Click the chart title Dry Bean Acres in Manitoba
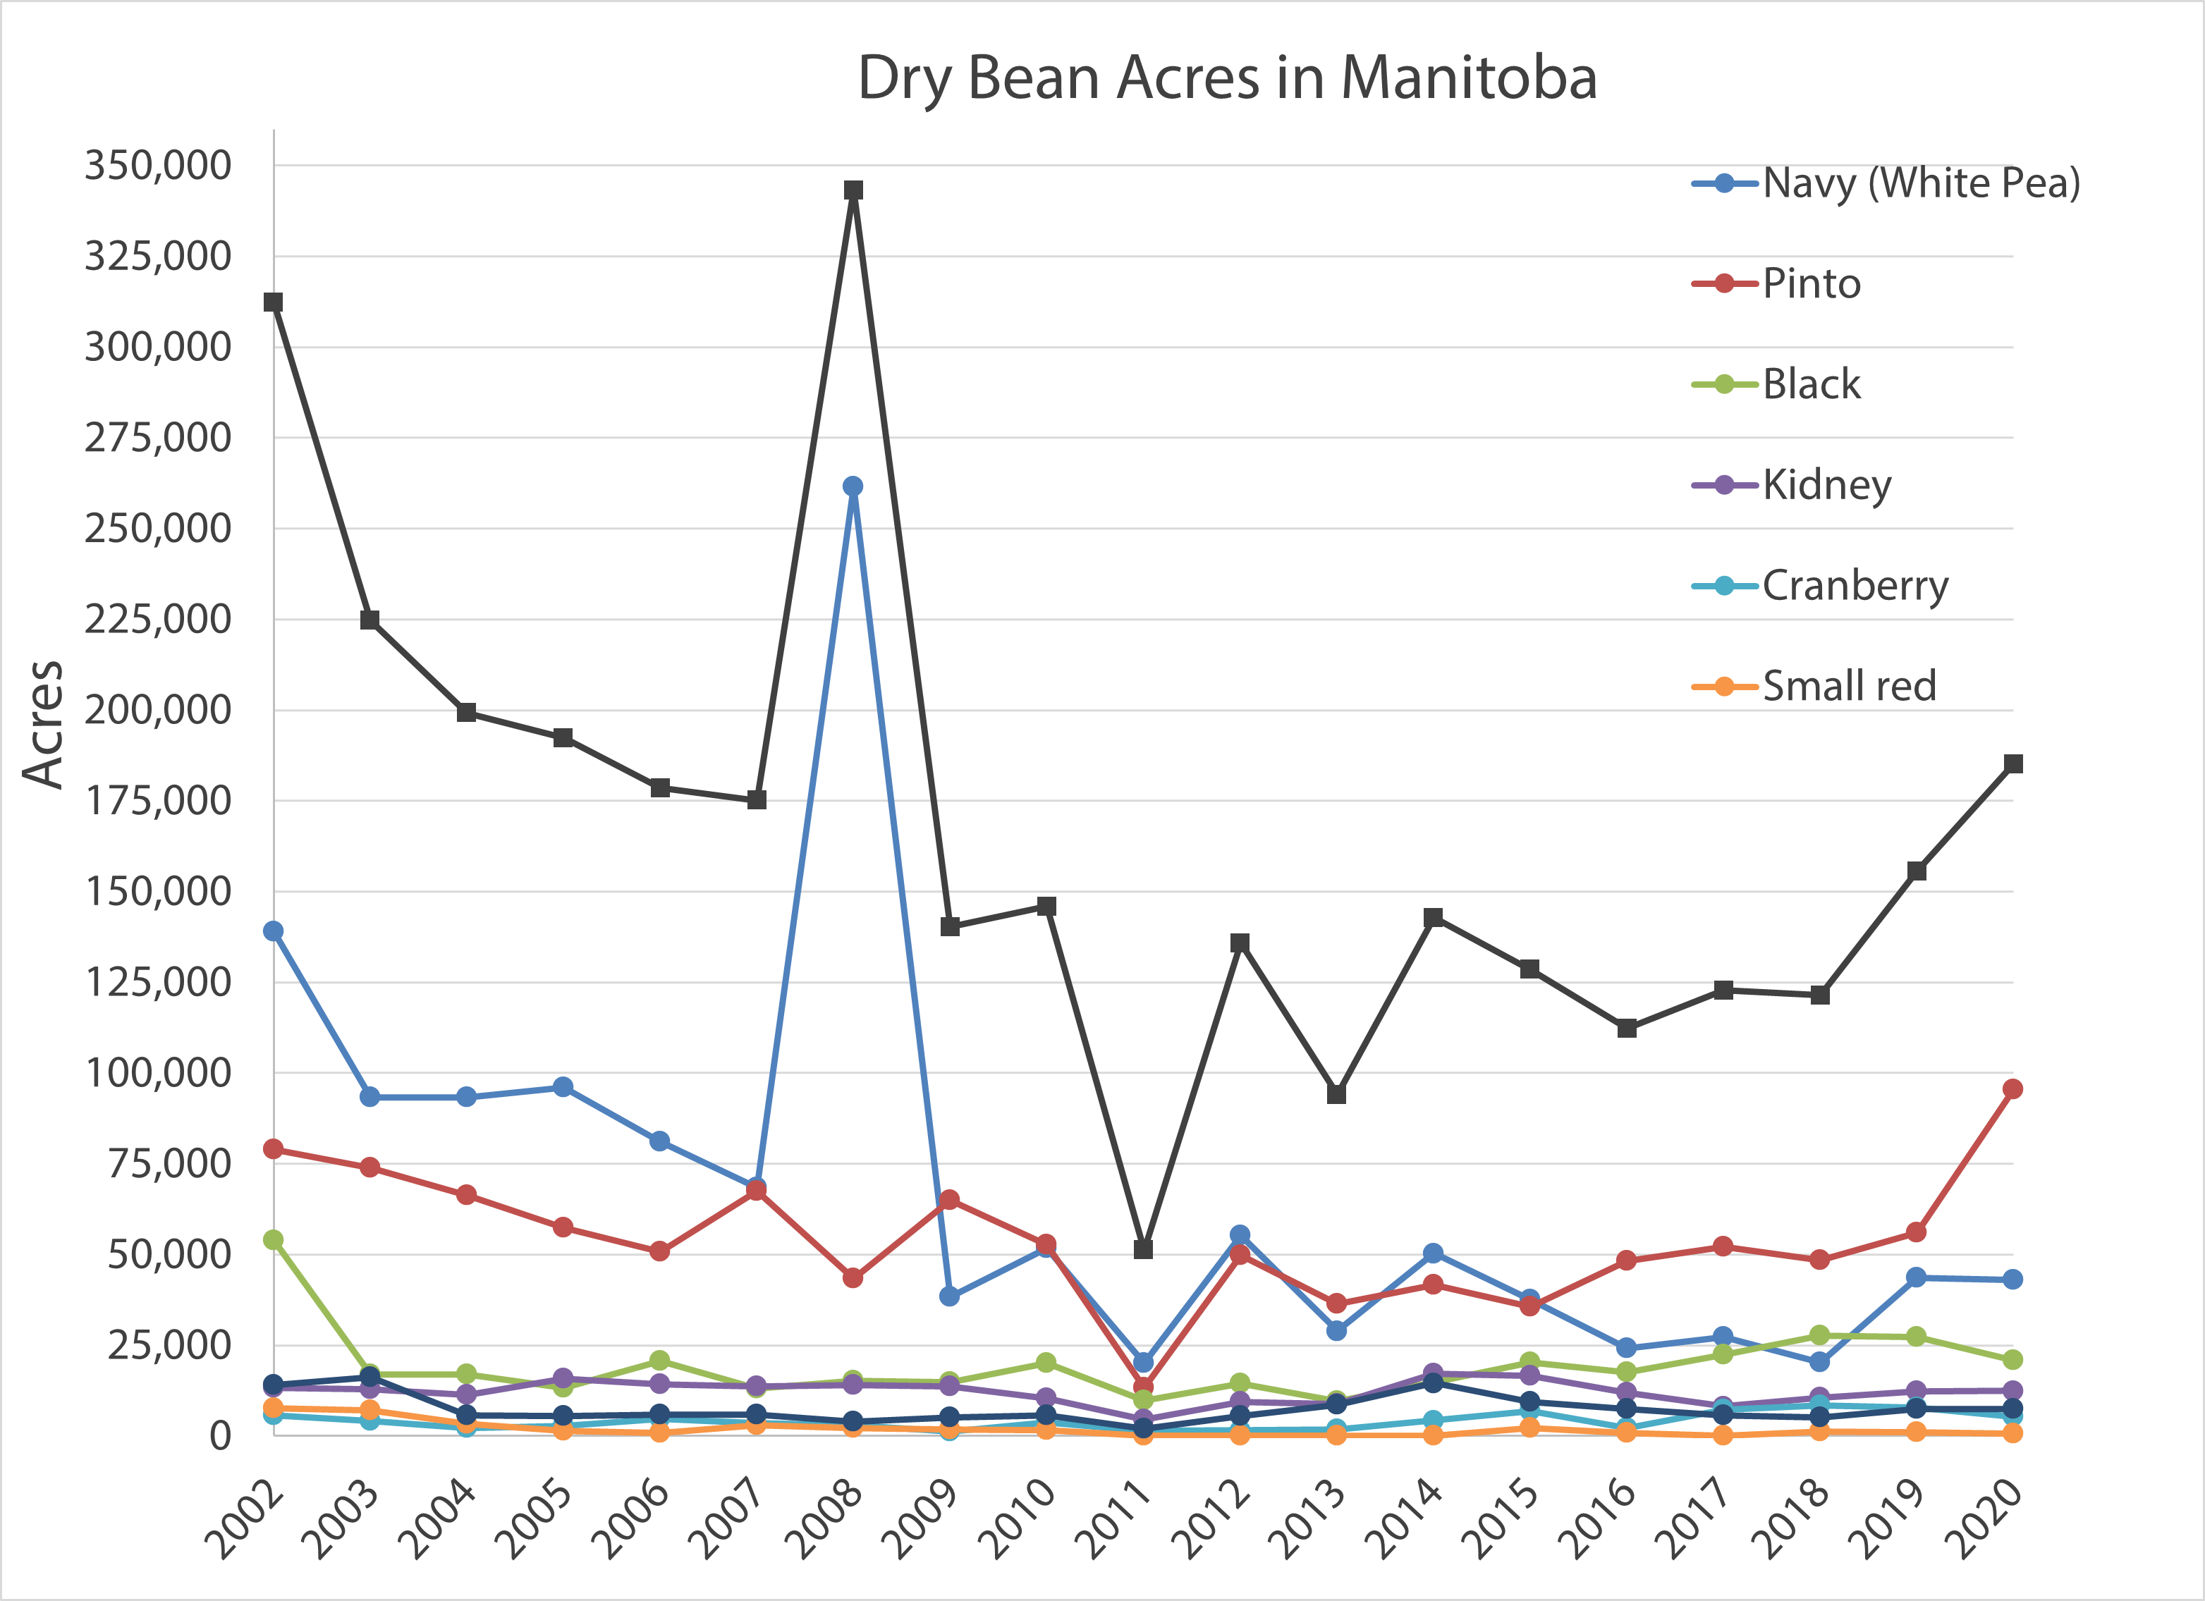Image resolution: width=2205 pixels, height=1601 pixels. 1227,78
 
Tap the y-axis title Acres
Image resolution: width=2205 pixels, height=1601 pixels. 44,724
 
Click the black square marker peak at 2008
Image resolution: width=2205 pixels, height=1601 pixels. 853,190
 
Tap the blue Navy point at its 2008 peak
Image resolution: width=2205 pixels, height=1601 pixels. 853,486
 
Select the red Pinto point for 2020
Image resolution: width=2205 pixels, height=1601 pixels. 2012,1088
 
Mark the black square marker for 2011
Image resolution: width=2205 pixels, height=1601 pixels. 1143,1249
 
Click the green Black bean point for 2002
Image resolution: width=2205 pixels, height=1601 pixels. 273,1239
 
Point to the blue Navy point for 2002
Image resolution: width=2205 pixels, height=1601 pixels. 273,931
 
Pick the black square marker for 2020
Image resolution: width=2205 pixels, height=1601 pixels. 2012,764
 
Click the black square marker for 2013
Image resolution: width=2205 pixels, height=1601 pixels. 1336,1095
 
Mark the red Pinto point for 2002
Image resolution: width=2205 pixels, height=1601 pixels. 273,1149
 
